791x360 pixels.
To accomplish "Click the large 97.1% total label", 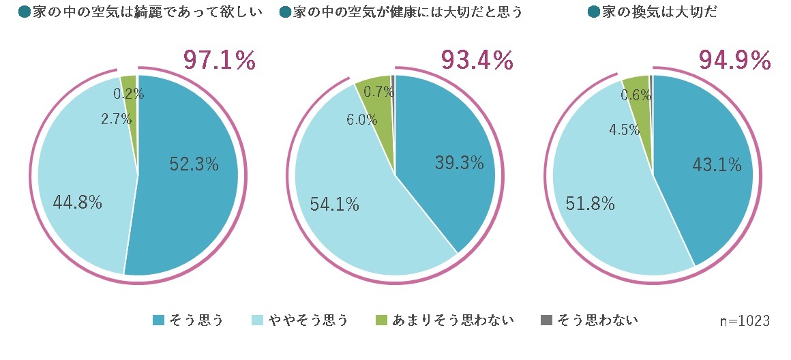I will coord(219,61).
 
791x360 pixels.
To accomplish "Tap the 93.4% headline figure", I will coord(477,61).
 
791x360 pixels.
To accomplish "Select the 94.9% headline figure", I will coord(734,61).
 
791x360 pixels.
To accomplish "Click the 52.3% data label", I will coord(194,164).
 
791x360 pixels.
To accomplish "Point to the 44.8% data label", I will coord(77,202).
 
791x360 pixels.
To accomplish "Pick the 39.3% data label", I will coord(459,163).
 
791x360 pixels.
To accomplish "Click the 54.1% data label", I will coord(334,204).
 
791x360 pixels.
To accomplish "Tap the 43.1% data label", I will coord(717,164).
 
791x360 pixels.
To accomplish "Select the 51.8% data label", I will coord(591,203).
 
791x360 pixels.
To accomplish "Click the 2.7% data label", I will coord(116,120).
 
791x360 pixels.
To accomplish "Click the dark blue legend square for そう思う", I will coord(159,320).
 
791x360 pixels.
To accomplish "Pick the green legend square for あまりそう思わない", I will coord(382,320).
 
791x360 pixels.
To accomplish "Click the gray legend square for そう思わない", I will coord(545,320).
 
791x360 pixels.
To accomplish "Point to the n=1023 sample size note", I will coord(745,320).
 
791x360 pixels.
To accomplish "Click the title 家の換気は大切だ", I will coord(659,12).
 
